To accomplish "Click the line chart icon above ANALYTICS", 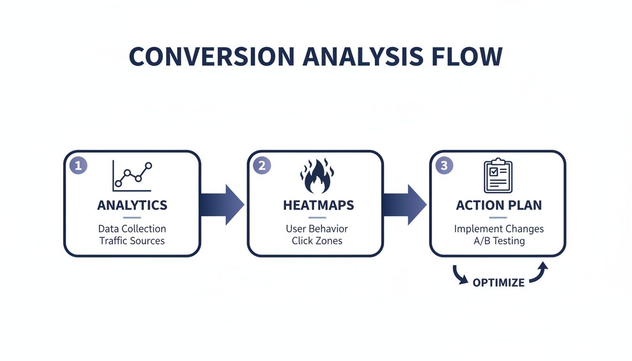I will [132, 176].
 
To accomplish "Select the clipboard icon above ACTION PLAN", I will [498, 176].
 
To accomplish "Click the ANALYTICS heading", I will [132, 205].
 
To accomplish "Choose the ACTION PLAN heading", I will [498, 205].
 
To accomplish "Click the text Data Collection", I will [132, 229].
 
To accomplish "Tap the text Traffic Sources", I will [132, 241].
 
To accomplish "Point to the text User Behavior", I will [317, 229].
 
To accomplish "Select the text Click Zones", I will [317, 241].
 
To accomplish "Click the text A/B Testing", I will [499, 241].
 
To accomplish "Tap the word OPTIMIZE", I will [498, 283].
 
